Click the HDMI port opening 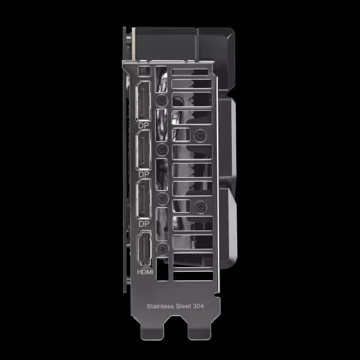coord(145,249)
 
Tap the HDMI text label coord(145,272)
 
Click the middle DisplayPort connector coord(145,150)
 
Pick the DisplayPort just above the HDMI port coord(145,199)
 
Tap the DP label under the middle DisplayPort coord(144,174)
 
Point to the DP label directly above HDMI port coord(144,223)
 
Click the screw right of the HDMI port coord(162,247)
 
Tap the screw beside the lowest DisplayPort coord(162,197)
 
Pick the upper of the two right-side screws coord(200,134)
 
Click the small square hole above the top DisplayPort coord(144,71)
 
